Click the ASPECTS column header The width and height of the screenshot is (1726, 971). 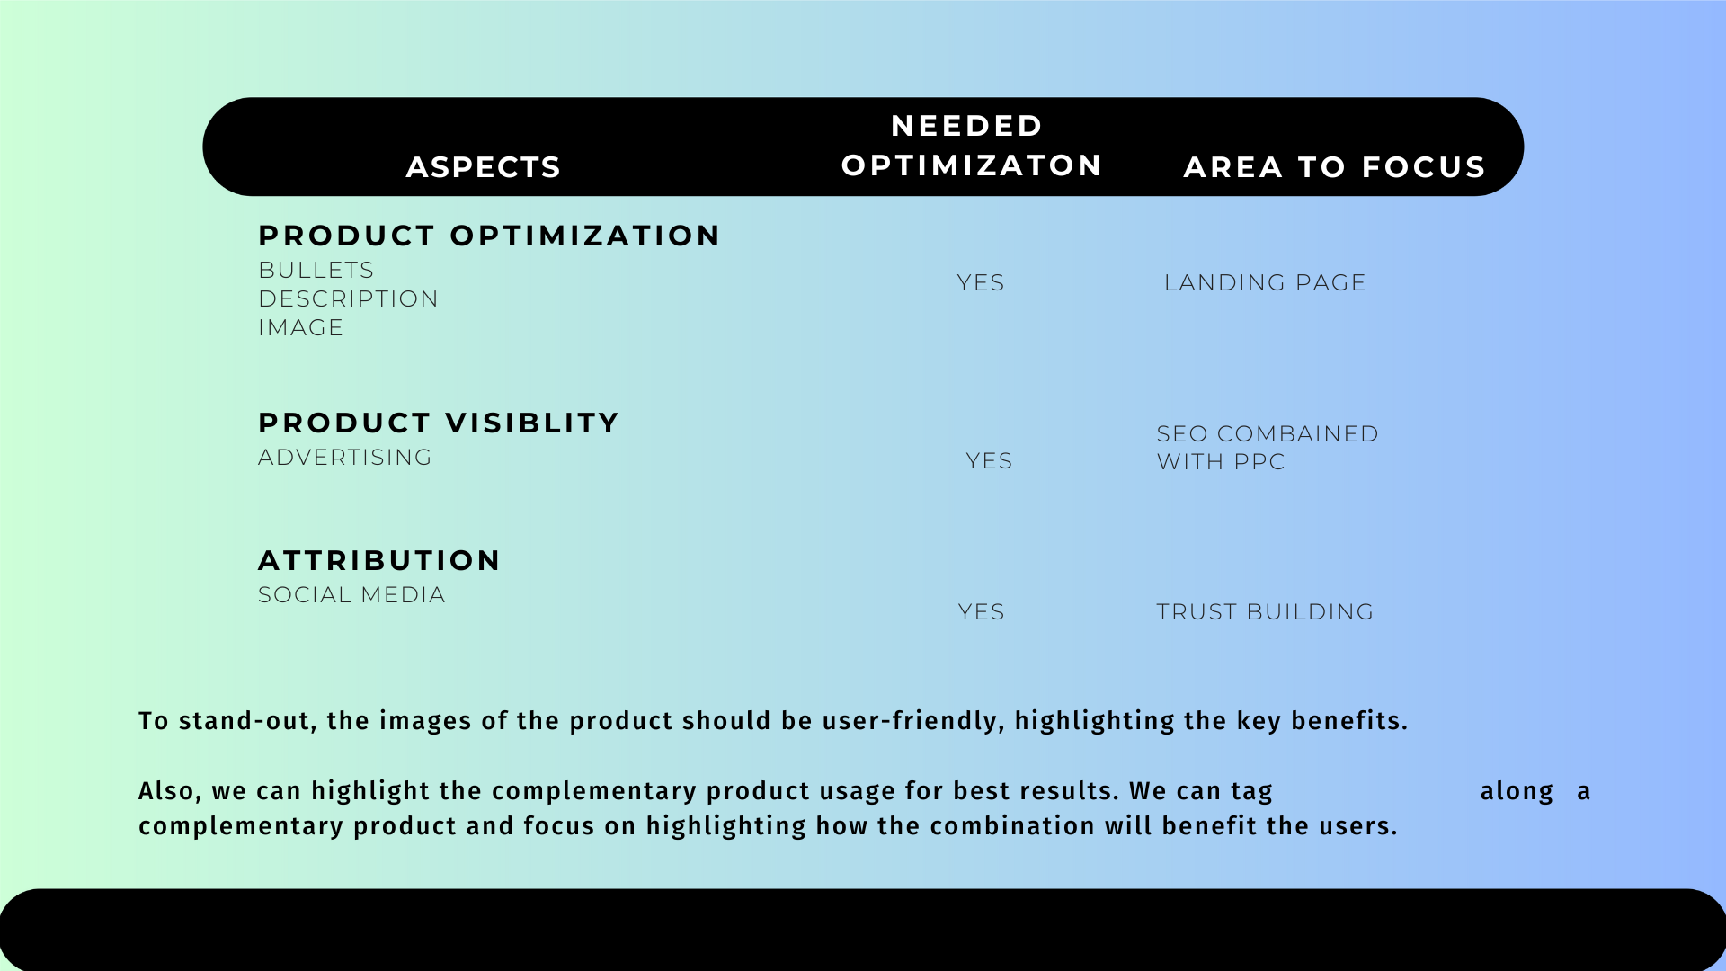tap(484, 167)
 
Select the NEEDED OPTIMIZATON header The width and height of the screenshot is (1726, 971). tap(971, 146)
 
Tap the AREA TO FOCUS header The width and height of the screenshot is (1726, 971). tap(1334, 167)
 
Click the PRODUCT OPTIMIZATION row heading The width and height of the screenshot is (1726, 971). tap(489, 236)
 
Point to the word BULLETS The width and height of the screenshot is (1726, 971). tap(316, 270)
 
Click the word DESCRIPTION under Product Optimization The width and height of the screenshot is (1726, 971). tap(348, 298)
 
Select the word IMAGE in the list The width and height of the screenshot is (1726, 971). tap(300, 327)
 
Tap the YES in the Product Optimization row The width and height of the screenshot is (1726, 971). tap(981, 282)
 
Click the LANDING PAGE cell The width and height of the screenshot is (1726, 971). tap(1265, 282)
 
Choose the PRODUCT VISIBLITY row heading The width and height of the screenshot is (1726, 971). tap(439, 423)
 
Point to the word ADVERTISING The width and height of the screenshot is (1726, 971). tap(345, 457)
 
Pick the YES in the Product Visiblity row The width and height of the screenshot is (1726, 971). tap(989, 460)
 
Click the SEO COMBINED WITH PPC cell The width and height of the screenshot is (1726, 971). tap(1268, 448)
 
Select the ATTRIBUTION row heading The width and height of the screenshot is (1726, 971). tap(379, 560)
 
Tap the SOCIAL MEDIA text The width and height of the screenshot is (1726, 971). tap(351, 594)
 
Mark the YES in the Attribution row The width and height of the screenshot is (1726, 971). tap(981, 611)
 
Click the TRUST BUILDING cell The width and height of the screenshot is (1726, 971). tap(1265, 611)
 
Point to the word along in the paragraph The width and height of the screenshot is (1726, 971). tap(1517, 791)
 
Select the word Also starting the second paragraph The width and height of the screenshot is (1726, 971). tap(170, 791)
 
